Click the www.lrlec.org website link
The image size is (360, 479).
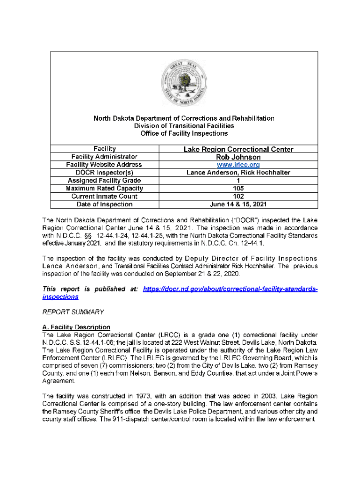click(238, 165)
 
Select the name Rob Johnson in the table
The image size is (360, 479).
click(238, 157)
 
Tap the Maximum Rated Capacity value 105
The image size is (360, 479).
click(238, 189)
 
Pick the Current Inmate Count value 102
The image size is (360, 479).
click(238, 196)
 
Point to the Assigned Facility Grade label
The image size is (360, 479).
click(104, 181)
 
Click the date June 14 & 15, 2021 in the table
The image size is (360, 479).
click(238, 204)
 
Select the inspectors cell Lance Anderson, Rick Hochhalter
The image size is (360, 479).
click(238, 173)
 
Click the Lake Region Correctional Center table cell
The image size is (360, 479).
click(238, 149)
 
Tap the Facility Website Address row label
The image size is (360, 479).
click(104, 165)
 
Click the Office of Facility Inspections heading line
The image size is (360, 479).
click(184, 133)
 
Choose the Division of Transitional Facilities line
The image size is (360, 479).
click(184, 126)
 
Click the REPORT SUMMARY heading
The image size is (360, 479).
click(73, 312)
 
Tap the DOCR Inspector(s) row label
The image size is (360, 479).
click(104, 173)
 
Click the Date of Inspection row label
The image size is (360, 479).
click(104, 204)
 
